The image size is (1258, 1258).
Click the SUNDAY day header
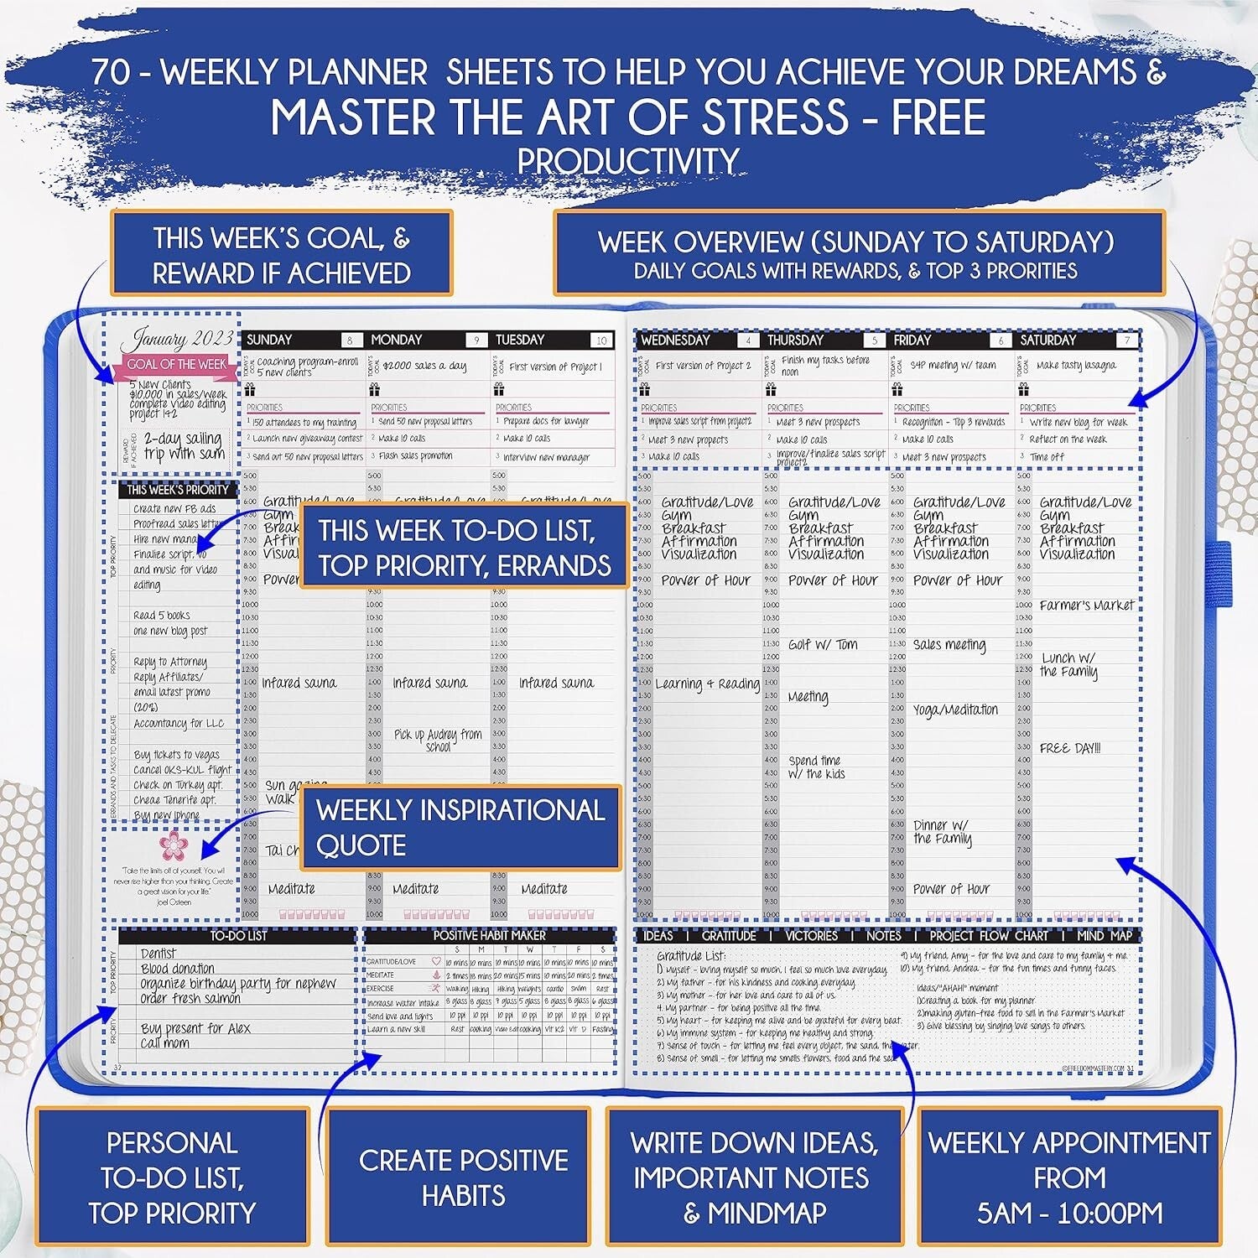[x=269, y=340]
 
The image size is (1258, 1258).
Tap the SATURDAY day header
[x=1047, y=340]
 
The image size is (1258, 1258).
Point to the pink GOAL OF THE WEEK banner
[x=176, y=364]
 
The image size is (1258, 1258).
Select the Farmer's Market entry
[x=1086, y=605]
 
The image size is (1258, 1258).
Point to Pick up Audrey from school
[x=438, y=740]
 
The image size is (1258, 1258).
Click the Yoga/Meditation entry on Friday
[x=955, y=710]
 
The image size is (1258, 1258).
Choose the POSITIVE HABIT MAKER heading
[x=489, y=935]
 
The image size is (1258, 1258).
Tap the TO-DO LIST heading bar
[x=238, y=935]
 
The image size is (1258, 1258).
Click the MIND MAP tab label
[x=1104, y=935]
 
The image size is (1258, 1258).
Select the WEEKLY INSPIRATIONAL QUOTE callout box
[x=460, y=827]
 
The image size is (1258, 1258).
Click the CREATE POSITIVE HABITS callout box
[x=463, y=1177]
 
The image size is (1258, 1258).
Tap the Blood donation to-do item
[x=178, y=969]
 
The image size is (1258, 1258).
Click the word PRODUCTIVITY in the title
[x=628, y=159]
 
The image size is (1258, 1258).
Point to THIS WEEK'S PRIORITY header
[x=178, y=490]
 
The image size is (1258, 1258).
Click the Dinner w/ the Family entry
[x=942, y=832]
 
